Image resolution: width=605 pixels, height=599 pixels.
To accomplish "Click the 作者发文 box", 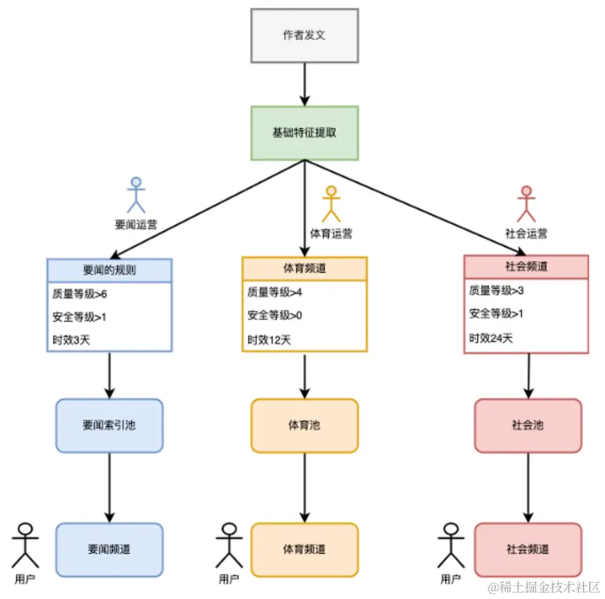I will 305,35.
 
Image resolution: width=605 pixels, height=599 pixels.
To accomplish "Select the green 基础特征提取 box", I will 305,133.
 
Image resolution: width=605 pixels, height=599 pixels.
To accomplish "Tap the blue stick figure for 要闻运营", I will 136,195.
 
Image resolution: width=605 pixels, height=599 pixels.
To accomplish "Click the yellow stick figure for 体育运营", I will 330,204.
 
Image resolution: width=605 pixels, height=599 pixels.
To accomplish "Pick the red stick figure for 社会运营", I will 525,204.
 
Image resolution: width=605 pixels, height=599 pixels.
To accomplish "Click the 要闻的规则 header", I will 109,270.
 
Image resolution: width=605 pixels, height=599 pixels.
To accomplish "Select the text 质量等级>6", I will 79,293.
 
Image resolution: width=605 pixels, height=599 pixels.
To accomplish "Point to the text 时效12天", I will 269,340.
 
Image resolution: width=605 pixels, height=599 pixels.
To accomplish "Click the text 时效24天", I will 491,338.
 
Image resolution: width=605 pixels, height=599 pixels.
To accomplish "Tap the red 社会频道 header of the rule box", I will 525,267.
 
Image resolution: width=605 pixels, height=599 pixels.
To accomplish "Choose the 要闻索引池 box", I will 109,426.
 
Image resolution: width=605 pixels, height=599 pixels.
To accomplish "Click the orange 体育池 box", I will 304,426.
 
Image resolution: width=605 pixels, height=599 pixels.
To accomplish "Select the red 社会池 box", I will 528,426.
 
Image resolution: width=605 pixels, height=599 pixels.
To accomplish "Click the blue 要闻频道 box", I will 109,549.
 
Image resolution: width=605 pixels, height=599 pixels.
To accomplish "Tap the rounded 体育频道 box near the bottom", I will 304,549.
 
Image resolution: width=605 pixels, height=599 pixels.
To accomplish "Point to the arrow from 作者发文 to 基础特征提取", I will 305,84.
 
